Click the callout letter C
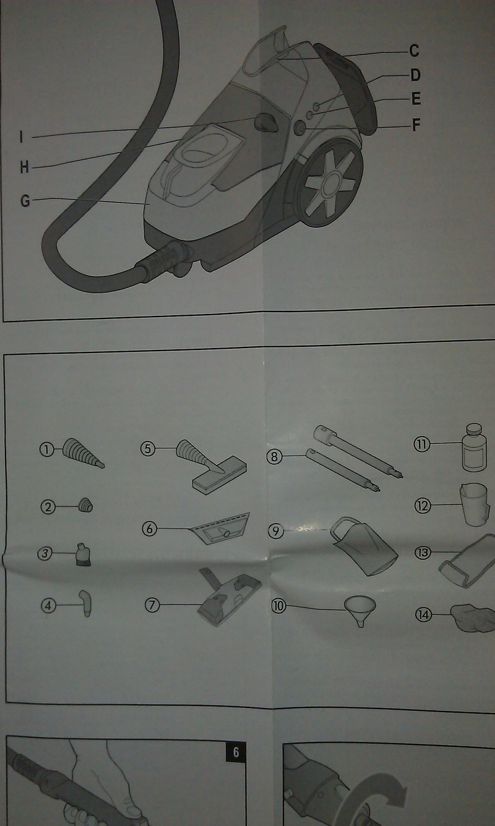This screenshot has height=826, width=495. pos(414,51)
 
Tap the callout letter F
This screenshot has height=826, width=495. pos(416,125)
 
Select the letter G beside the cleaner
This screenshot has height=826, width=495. pos(25,201)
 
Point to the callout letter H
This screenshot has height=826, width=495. pos(24,168)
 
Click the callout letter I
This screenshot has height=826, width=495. pos(22,137)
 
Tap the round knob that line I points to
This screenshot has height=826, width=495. pos(266,122)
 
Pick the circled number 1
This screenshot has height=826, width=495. pos(47,449)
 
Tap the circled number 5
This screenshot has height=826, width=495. pos(148,449)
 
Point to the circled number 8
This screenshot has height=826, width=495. pos(274,457)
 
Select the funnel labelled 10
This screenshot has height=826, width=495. pos(360,611)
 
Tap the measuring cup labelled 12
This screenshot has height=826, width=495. pos(474,504)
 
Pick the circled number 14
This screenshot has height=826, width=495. pos(423,615)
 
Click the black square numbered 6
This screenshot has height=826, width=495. pos(236,751)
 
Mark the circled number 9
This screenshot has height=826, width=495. pos(276,531)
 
